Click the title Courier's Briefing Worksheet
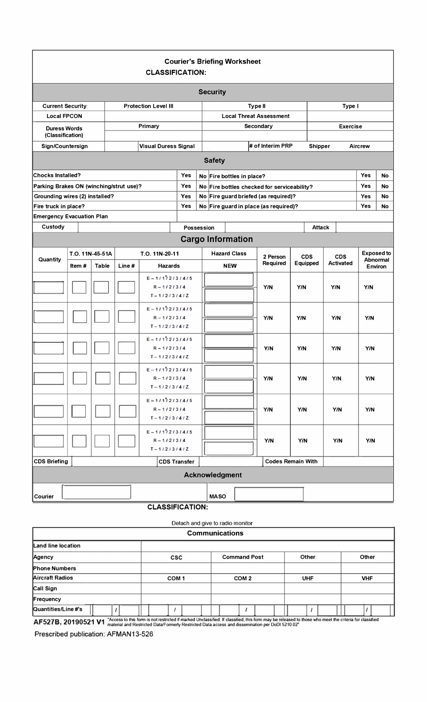click(212, 61)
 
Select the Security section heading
click(212, 92)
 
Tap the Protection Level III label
click(148, 106)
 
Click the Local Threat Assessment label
click(255, 116)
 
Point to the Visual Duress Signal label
click(167, 146)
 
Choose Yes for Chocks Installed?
click(186, 175)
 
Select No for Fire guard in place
click(385, 206)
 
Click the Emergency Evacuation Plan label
click(71, 216)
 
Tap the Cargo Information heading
click(217, 239)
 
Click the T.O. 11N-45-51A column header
click(91, 254)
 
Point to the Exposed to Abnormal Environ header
click(376, 259)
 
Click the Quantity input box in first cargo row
click(49, 287)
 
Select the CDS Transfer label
click(176, 462)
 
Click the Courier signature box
click(97, 492)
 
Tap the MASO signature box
click(269, 494)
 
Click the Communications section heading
click(215, 533)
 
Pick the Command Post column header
click(243, 557)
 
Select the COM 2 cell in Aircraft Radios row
click(243, 578)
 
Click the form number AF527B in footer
click(47, 622)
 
